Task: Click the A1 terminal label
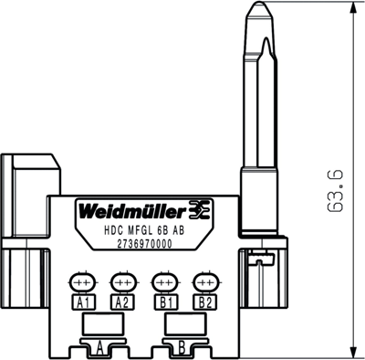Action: tap(84, 302)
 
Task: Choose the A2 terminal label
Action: tap(121, 302)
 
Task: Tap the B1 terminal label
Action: tap(165, 302)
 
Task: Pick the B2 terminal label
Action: tap(203, 302)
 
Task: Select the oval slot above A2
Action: tap(121, 281)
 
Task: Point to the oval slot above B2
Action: tap(203, 281)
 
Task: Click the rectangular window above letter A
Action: tap(97, 323)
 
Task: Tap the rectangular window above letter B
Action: tap(179, 323)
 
